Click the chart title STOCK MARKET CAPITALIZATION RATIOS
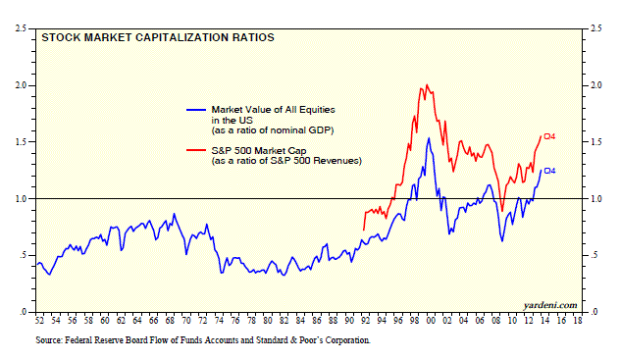[158, 37]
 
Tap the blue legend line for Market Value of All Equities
[196, 110]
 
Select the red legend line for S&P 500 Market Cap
[196, 150]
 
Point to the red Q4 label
[549, 136]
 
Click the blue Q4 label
[549, 171]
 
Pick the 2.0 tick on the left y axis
[21, 85]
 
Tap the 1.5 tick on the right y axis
[595, 142]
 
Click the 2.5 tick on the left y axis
[21, 28]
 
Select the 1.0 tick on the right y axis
[595, 199]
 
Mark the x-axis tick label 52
[39, 320]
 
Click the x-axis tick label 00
[431, 320]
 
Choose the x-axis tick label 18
[578, 320]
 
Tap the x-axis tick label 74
[219, 320]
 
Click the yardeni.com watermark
[550, 305]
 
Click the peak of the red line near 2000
[427, 84]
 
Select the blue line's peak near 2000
[429, 138]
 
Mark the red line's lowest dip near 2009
[502, 211]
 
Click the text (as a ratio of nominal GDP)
[273, 130]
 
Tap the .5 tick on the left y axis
[23, 255]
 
